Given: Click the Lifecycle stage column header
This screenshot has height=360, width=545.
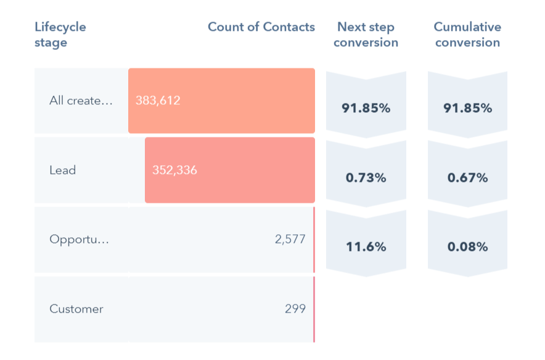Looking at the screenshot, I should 60,35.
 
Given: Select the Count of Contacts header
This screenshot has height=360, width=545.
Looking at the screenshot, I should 261,27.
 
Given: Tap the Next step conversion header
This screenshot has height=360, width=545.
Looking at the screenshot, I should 366,35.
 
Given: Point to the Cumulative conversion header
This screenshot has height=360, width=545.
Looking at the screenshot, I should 467,35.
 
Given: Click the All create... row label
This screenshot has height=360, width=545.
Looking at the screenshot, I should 81,101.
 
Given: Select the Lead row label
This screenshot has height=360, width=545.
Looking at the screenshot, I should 62,170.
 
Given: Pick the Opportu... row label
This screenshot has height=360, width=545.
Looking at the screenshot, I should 79,239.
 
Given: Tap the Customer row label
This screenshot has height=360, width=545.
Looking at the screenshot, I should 76,309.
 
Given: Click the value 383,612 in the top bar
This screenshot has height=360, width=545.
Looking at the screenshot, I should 158,100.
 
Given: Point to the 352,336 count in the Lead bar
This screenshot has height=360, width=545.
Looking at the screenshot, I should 174,170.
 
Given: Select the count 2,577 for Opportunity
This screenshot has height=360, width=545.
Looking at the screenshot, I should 290,239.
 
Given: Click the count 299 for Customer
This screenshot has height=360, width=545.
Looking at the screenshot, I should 295,309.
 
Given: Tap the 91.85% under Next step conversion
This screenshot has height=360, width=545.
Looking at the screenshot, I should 366,108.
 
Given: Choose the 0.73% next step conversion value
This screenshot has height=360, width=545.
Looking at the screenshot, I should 366,178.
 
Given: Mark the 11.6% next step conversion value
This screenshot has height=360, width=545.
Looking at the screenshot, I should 366,247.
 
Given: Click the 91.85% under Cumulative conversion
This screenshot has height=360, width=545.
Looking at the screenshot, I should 467,108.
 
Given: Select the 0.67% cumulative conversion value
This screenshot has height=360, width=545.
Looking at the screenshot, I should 467,178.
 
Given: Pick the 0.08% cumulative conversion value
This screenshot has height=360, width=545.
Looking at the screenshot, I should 467,247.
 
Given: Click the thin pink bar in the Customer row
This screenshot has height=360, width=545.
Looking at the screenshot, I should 314,309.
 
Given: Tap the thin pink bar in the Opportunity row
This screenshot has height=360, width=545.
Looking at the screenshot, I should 314,239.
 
